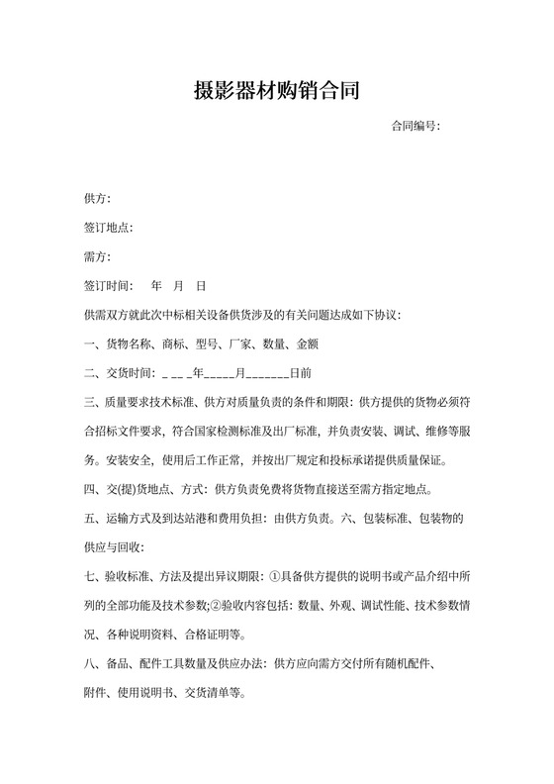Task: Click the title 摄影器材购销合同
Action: coord(276,92)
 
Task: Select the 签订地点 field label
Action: coord(107,229)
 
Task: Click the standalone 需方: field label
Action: coord(97,257)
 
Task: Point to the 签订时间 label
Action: coord(107,286)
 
